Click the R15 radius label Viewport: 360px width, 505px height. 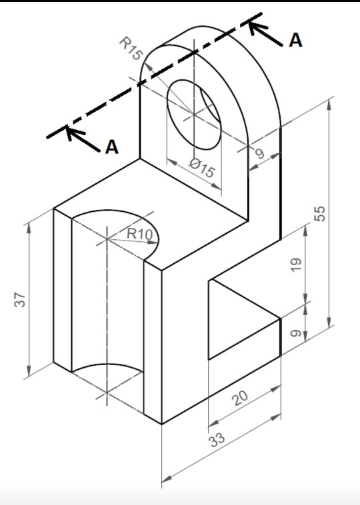pyautogui.click(x=131, y=49)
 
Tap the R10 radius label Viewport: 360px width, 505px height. pyautogui.click(x=139, y=233)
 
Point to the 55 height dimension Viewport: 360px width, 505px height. pyautogui.click(x=320, y=214)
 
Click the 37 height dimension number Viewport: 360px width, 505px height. pyautogui.click(x=20, y=300)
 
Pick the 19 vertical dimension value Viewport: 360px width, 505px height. pyautogui.click(x=296, y=264)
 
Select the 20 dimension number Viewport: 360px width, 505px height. pyautogui.click(x=241, y=398)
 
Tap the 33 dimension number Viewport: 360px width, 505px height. pyautogui.click(x=217, y=438)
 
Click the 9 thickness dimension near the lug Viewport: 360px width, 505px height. pyautogui.click(x=260, y=154)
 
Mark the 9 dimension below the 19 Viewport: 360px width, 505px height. pyautogui.click(x=296, y=333)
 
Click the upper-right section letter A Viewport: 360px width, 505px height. pyautogui.click(x=295, y=40)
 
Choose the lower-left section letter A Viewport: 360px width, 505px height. pyautogui.click(x=112, y=147)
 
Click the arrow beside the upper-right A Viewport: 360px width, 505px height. pyautogui.click(x=265, y=33)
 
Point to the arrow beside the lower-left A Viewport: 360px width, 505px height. pyautogui.click(x=83, y=139)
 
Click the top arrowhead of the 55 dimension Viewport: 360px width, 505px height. pyautogui.click(x=329, y=105)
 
